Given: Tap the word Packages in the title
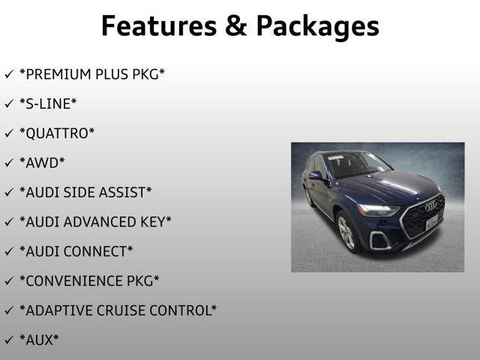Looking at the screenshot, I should [x=317, y=27].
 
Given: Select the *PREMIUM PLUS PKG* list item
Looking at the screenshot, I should [x=92, y=74].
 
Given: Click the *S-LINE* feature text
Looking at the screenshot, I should [x=48, y=103].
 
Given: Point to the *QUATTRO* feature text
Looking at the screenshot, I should [x=57, y=133].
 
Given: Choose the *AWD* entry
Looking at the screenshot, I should [x=42, y=162].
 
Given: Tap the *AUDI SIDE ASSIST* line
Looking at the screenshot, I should [x=85, y=192].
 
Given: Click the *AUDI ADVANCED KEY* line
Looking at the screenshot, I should [x=95, y=221].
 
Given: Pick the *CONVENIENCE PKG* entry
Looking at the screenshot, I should [x=89, y=280].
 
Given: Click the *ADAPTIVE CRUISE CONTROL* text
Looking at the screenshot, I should [x=118, y=310].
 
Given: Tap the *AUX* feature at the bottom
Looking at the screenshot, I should [x=39, y=339].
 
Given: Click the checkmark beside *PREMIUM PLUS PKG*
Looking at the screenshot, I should [x=8, y=74].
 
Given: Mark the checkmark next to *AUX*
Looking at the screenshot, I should [x=8, y=339].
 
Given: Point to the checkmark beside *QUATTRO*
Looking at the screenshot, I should [x=8, y=133].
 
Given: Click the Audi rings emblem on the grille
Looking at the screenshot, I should [x=430, y=206].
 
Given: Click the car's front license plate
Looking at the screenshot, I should [x=432, y=223].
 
